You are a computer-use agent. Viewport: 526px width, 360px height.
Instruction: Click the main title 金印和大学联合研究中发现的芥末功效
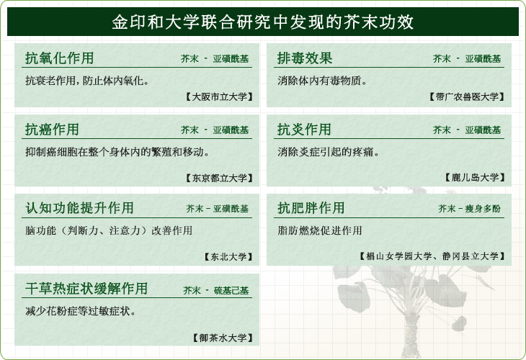point(263,22)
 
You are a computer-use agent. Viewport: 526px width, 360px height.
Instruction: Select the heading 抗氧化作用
point(59,58)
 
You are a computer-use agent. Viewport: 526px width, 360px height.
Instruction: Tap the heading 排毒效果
point(305,58)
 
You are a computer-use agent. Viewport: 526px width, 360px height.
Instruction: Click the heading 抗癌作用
point(52,130)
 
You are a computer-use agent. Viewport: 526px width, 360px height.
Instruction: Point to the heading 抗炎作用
point(304,130)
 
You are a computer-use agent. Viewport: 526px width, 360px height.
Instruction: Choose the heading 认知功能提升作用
point(80,208)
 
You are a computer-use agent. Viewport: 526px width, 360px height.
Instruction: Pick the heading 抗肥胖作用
point(311,208)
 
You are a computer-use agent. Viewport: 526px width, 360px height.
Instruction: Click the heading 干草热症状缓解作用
point(86,288)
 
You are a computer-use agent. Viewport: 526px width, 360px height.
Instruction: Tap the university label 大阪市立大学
point(219,97)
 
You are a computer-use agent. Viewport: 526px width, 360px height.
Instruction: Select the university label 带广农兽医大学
point(467,97)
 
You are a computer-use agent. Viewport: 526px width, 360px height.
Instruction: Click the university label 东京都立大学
point(219,178)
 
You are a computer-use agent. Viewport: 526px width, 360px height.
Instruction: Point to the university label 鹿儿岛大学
point(475,177)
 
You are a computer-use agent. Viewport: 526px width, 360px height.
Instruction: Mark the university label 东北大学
point(228,257)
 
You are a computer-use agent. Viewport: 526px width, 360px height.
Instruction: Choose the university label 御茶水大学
point(223,338)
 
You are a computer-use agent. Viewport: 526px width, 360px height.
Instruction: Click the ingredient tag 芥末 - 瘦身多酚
point(469,209)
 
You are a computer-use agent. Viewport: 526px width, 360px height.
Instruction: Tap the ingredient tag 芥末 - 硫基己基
point(216,290)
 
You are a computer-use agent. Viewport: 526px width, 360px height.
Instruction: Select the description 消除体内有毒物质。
point(322,81)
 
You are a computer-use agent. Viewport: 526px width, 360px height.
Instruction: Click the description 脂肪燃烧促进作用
point(320,230)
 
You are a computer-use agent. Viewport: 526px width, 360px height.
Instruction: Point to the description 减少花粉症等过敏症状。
point(81,311)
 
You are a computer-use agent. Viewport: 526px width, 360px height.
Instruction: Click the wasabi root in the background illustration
point(411,336)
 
